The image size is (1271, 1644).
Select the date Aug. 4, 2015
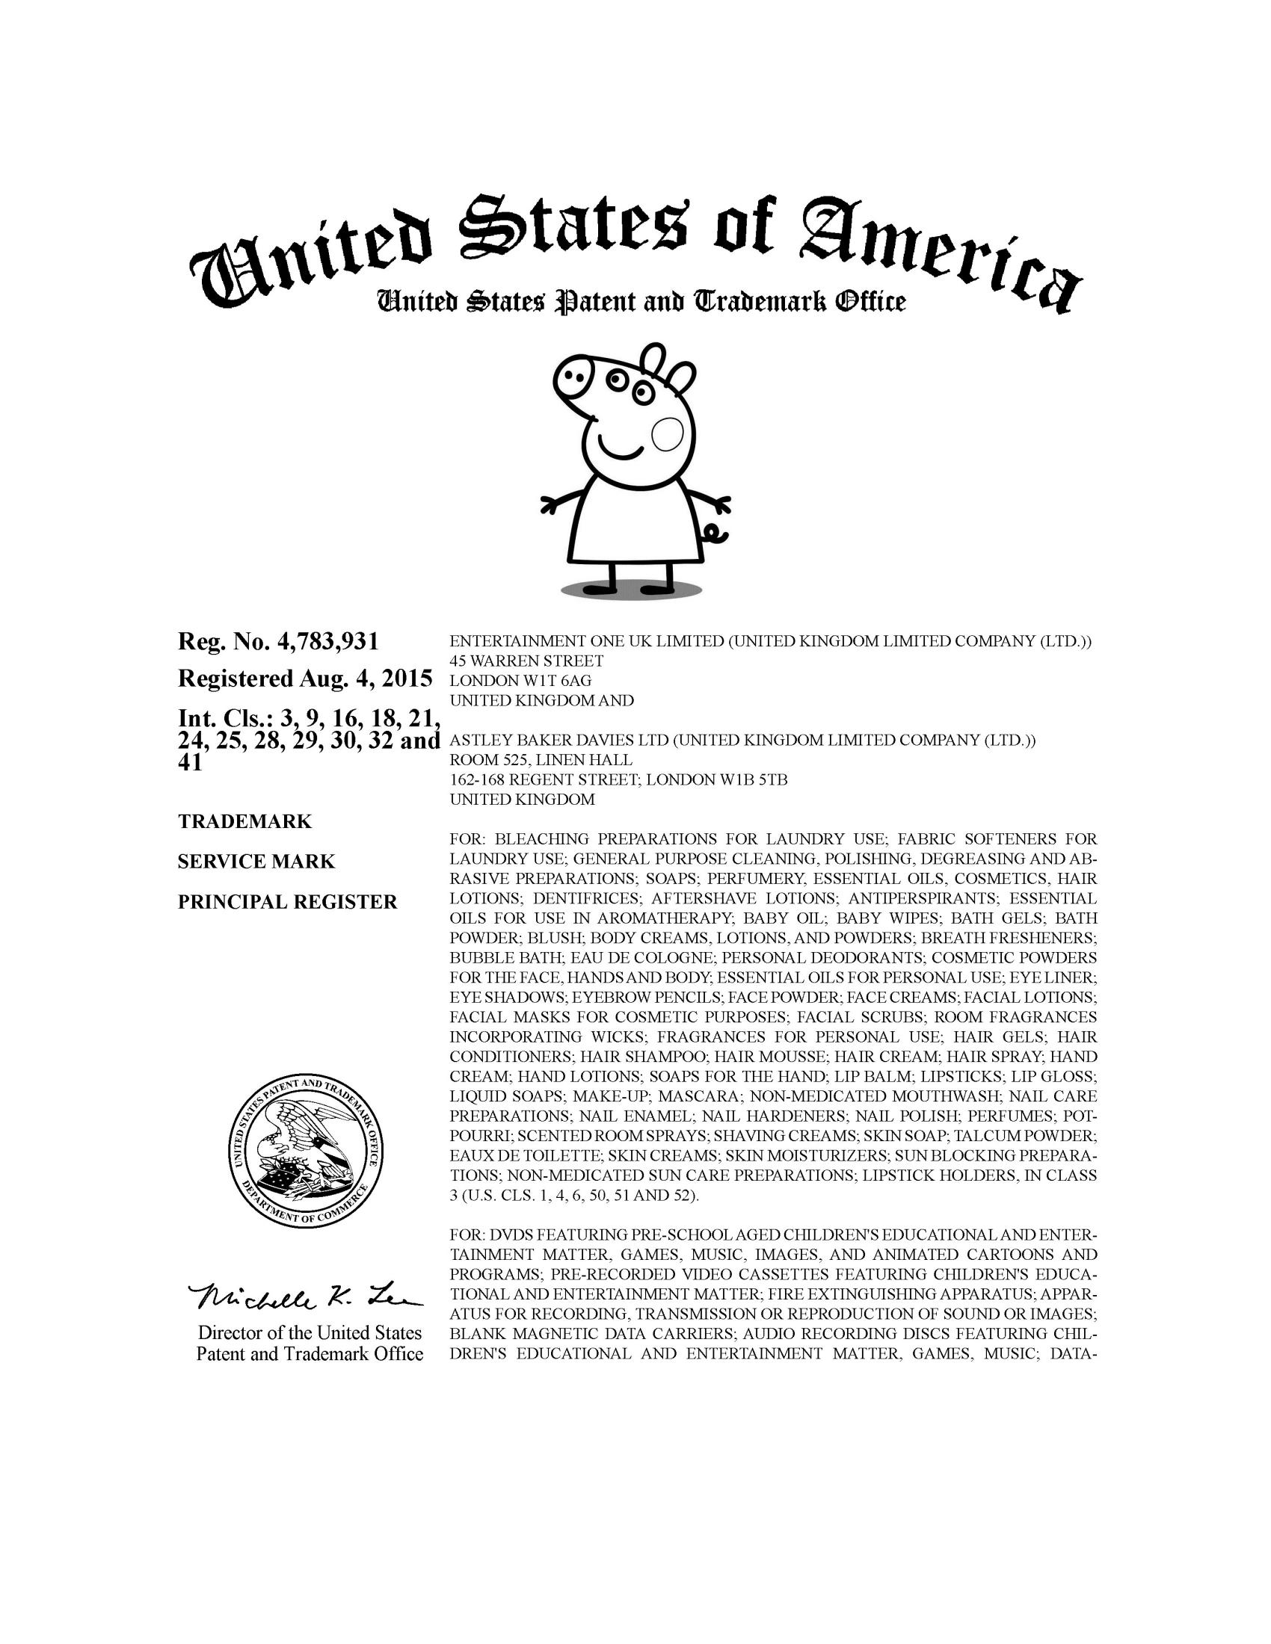[366, 679]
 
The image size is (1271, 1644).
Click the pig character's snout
[577, 373]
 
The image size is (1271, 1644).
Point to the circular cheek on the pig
[667, 434]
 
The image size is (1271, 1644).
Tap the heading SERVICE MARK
[256, 861]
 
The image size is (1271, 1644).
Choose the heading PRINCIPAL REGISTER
[288, 902]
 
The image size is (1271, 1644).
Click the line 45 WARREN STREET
[526, 661]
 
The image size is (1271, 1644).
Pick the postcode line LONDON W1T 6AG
[520, 682]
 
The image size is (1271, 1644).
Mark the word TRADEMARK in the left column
[244, 821]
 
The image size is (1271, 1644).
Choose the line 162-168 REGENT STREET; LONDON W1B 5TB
[618, 780]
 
